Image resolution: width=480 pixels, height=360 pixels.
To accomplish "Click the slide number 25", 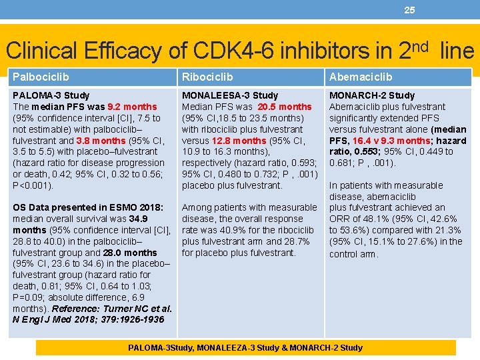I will tap(409, 10).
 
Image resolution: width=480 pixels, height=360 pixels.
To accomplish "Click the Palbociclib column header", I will tap(41, 77).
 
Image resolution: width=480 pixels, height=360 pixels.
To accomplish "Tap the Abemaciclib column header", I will tap(361, 77).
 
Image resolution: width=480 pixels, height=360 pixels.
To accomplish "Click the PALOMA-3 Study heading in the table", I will tap(51, 95).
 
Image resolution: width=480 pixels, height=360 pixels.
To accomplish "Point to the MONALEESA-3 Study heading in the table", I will tap(230, 95).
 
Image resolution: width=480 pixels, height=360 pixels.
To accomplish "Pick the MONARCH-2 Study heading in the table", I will tap(372, 95).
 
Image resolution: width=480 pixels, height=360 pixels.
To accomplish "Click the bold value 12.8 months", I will tap(237, 141).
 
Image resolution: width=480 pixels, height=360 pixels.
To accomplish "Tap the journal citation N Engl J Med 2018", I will tap(60, 320).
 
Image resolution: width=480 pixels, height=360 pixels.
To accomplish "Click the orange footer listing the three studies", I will tap(245, 347).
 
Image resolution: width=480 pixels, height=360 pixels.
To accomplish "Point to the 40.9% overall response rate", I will tap(240, 230).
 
